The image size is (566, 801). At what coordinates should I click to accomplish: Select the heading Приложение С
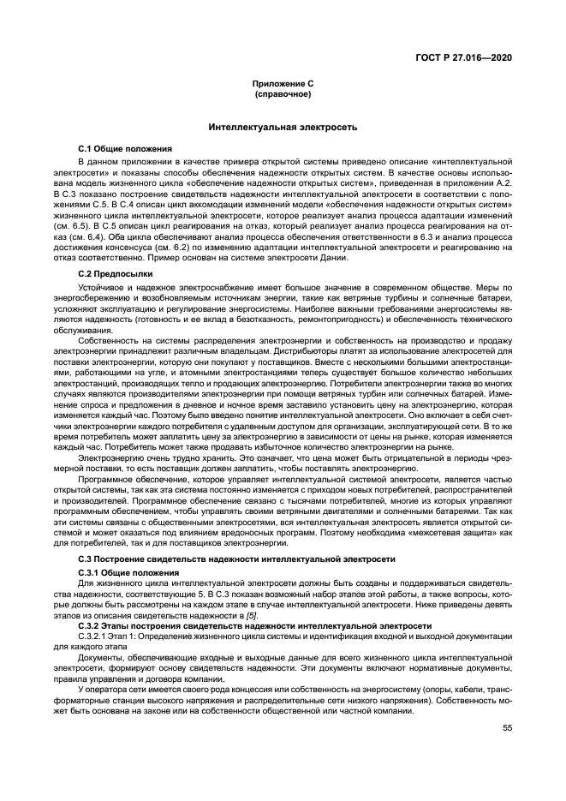pos(282,84)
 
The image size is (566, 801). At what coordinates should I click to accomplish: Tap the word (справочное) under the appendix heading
pos(282,93)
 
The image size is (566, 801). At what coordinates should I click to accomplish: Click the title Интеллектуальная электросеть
pos(282,127)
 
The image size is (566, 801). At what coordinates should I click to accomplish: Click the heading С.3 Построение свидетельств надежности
pos(236,558)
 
